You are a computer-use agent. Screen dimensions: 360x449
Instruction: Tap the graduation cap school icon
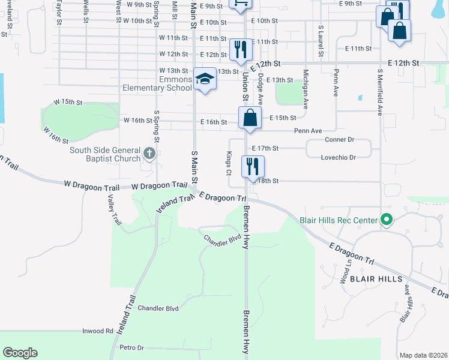205,80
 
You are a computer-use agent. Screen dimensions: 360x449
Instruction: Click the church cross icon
150,154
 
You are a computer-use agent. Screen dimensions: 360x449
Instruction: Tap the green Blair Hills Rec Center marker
387,220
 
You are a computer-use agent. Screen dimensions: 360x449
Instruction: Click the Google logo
20,353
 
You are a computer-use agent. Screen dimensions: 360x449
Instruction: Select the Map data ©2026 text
423,355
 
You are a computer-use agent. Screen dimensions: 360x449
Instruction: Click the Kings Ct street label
229,163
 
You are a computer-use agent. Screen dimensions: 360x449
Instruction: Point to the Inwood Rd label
97,331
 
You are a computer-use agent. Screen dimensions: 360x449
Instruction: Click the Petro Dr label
132,347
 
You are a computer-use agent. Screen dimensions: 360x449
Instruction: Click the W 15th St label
68,103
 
